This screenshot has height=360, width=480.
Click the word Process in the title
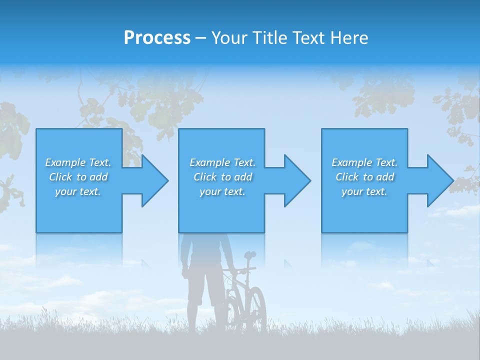pyautogui.click(x=157, y=38)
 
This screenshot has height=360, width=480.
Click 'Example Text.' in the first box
pyautogui.click(x=78, y=162)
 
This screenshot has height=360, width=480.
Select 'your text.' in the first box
pyautogui.click(x=78, y=191)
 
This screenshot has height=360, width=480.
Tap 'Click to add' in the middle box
pyautogui.click(x=222, y=177)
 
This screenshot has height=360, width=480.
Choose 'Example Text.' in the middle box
pyautogui.click(x=222, y=162)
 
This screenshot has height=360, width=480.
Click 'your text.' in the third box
pyautogui.click(x=364, y=191)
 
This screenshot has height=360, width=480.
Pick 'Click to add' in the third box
pyautogui.click(x=364, y=177)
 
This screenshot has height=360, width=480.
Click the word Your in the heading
pyautogui.click(x=229, y=38)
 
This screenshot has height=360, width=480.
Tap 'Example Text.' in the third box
pyautogui.click(x=364, y=162)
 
